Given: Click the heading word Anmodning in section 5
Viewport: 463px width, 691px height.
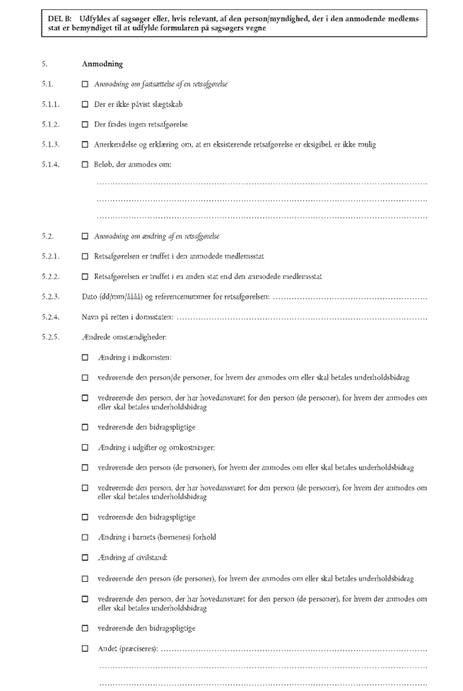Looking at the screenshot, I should [102, 64].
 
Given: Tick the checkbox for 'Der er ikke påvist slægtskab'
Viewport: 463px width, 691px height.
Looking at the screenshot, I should [86, 104].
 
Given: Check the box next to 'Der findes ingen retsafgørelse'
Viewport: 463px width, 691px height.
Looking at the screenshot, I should [86, 125].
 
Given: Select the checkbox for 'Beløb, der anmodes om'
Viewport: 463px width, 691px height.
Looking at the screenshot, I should [86, 165].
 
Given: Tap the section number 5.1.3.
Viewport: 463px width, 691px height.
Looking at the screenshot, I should [49, 145].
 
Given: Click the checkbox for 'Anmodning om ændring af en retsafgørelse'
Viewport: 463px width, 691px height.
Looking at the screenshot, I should [86, 236].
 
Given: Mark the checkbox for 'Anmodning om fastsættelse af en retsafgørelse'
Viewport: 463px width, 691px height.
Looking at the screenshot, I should [86, 84].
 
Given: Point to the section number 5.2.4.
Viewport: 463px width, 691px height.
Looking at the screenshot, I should [49, 317].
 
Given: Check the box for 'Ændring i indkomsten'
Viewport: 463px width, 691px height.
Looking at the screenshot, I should [86, 358].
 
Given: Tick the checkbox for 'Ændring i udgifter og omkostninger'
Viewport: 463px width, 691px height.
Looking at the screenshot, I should [86, 448].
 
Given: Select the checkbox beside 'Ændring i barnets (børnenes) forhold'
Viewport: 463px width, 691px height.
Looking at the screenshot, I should [86, 537].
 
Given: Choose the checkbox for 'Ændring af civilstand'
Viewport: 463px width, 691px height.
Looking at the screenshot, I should [86, 558].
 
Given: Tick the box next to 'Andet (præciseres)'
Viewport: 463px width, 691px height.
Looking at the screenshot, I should [86, 648].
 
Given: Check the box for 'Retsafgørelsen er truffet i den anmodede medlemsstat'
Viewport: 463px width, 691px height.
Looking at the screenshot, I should [86, 256].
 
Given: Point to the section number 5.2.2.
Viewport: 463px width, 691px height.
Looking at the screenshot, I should [49, 277].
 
